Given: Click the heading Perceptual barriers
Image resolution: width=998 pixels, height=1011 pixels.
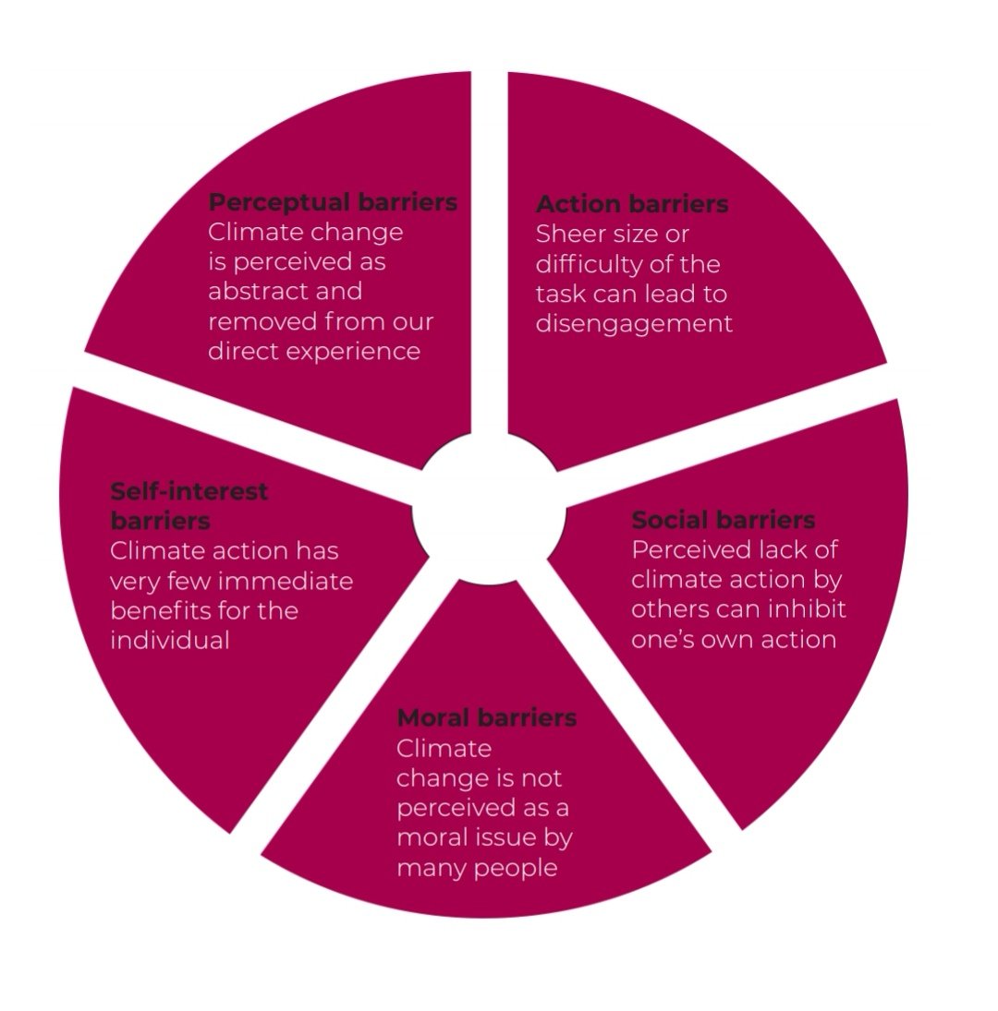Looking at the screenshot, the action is (x=333, y=202).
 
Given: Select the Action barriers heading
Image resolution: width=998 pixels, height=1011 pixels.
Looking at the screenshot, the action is (x=632, y=204).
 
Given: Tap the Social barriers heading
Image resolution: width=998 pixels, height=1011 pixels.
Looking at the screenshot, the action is (x=724, y=519).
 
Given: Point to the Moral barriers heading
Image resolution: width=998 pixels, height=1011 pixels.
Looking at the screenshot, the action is (x=487, y=717).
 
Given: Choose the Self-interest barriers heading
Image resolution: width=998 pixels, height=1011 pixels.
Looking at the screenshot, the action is (x=189, y=505).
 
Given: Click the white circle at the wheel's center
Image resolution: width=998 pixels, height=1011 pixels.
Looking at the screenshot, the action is (x=489, y=513).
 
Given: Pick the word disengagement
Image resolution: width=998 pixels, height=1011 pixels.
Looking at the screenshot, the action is (x=634, y=324).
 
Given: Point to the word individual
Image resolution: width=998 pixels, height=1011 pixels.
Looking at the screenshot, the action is (x=169, y=640).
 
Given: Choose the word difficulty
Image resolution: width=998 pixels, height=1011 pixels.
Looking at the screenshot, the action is (x=588, y=264).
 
